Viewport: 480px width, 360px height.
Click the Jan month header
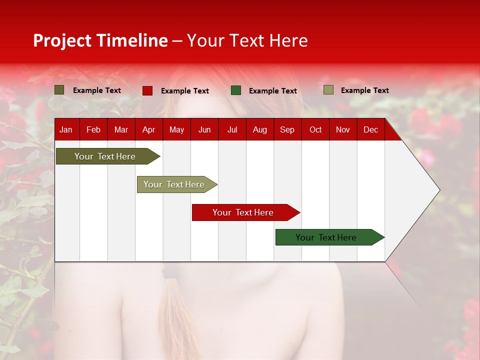click(x=66, y=129)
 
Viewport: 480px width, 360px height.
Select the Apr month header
click(x=148, y=129)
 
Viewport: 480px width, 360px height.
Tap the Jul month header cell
click(x=232, y=129)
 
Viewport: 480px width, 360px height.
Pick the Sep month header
click(x=287, y=129)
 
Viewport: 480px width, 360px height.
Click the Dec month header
click(x=370, y=129)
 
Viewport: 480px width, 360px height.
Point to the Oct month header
click(x=315, y=129)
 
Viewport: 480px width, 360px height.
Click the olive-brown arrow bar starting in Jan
click(x=105, y=156)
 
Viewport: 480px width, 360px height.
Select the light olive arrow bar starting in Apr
click(x=174, y=184)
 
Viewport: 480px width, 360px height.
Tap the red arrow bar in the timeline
click(x=243, y=212)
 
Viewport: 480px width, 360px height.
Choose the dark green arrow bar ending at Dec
click(x=326, y=237)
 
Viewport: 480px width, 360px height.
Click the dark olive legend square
click(x=59, y=90)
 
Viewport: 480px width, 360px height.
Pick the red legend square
click(x=147, y=90)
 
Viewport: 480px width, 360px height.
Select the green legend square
click(x=236, y=90)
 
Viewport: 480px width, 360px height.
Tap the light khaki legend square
click(x=328, y=90)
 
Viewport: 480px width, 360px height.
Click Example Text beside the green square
click(x=272, y=91)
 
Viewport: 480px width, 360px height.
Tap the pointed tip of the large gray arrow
click(x=438, y=190)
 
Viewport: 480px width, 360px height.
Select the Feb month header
click(x=93, y=129)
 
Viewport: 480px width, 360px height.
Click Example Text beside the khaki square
click(x=364, y=90)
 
